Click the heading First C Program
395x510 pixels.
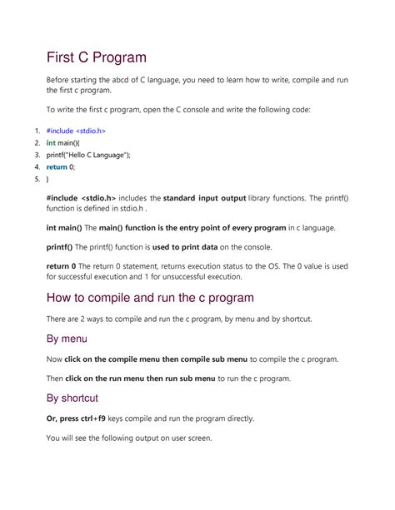(96, 57)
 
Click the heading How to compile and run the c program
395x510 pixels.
(150, 297)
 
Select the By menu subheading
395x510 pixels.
(67, 339)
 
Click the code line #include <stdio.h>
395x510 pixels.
(76, 131)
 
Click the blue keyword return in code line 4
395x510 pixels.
(58, 166)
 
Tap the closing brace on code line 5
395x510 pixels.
(47, 178)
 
